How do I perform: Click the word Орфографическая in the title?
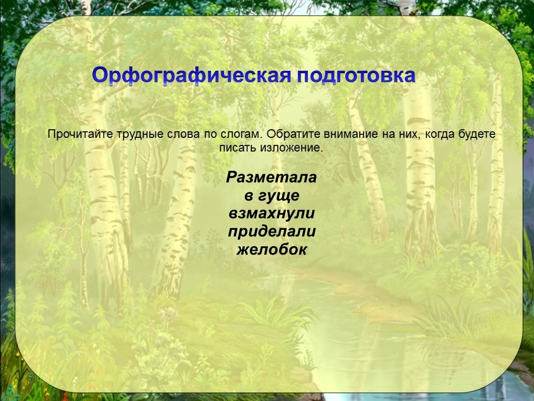click(x=191, y=76)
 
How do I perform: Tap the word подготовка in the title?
click(x=356, y=76)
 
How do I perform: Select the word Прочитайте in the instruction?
click(x=80, y=134)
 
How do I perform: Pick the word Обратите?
click(x=293, y=134)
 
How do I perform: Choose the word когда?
click(x=438, y=134)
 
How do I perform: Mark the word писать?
click(x=238, y=148)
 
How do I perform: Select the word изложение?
click(x=292, y=148)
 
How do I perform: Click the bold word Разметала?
click(x=272, y=177)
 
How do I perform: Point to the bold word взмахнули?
click(x=272, y=214)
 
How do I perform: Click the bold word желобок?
click(x=272, y=249)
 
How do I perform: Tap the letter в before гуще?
click(x=249, y=197)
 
